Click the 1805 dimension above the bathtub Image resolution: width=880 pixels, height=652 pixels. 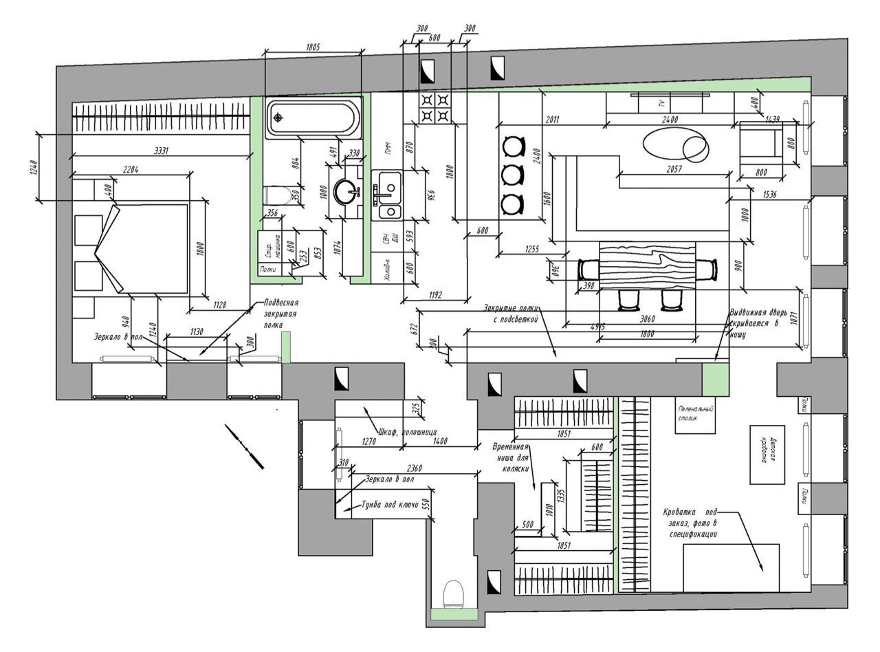313,47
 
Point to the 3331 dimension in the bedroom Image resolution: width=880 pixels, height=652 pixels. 161,151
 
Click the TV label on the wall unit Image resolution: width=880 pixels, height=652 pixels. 661,104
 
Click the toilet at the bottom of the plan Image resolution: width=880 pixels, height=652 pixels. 453,592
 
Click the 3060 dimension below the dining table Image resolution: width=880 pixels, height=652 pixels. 647,318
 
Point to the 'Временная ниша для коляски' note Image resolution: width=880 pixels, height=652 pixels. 510,457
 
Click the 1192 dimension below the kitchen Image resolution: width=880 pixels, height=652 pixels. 435,295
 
